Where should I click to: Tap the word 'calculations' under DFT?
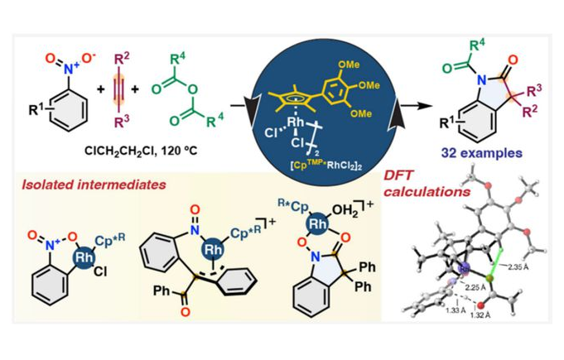[421, 190]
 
